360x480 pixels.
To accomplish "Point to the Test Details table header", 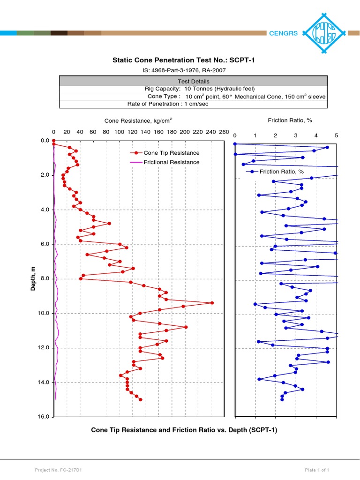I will click(x=193, y=82).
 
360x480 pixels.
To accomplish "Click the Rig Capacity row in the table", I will click(x=193, y=89).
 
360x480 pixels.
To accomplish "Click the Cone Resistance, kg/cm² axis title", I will click(x=139, y=121).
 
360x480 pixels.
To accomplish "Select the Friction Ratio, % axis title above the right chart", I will click(x=290, y=120).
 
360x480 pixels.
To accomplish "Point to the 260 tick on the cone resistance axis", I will click(x=224, y=132).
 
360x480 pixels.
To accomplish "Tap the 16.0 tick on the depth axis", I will click(x=45, y=417).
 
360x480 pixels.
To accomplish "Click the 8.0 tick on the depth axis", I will click(x=45, y=279).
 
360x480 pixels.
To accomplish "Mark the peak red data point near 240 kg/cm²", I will click(x=212, y=303).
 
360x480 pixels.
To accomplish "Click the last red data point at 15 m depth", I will click(x=140, y=400).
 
